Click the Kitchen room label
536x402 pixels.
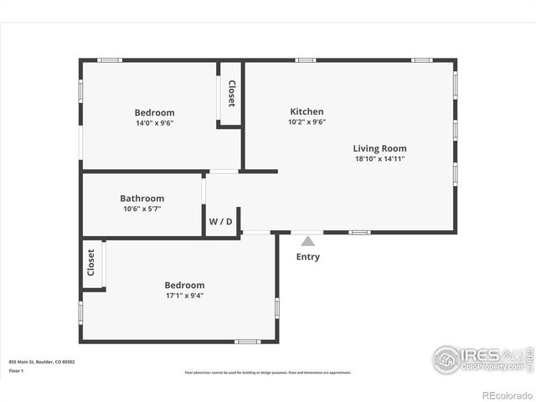(x=307, y=111)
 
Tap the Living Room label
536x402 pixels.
(x=379, y=148)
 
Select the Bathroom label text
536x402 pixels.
(x=142, y=198)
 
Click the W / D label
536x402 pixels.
(x=221, y=221)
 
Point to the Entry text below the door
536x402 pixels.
(x=307, y=257)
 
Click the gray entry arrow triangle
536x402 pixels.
(x=307, y=241)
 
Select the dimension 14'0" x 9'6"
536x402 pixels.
(x=154, y=123)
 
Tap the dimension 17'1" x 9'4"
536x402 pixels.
(x=184, y=296)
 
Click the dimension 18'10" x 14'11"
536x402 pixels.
(x=379, y=158)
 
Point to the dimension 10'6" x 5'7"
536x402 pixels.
(x=142, y=209)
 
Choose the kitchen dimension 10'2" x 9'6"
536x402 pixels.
(x=307, y=121)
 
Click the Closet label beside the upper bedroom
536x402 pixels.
(x=231, y=93)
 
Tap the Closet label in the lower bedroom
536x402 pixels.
(x=91, y=263)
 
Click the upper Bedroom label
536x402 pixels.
(x=154, y=113)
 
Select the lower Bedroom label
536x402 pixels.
(x=184, y=286)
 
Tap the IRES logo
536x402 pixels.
(x=482, y=358)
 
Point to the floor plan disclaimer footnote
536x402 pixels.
(x=268, y=373)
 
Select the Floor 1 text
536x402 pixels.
(x=17, y=368)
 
